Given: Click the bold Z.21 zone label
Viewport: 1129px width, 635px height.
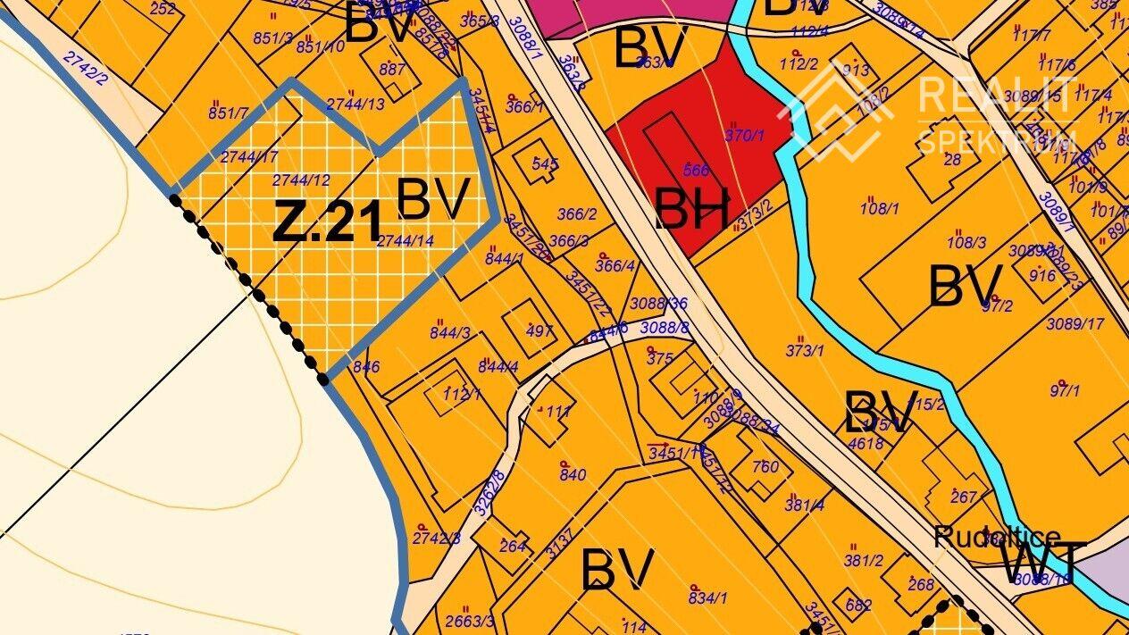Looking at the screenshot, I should pos(327,221).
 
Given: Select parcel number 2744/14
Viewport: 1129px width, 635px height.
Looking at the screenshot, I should pos(406,240).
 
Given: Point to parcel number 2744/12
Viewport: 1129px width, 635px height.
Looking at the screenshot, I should pos(302,180).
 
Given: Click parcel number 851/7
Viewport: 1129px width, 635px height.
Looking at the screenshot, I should pos(228,113).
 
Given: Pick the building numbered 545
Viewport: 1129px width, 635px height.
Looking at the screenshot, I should pos(545,164).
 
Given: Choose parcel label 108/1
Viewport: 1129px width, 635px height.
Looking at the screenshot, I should pos(880,209).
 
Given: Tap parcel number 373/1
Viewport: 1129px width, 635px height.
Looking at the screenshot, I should pos(805,350).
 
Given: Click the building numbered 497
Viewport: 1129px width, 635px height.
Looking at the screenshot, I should pos(539,331).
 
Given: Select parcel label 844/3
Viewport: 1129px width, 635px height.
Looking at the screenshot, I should pos(449,333).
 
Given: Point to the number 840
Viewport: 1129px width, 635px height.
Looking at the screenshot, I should pos(573,474).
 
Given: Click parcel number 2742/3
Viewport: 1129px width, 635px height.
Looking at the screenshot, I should pos(437,538).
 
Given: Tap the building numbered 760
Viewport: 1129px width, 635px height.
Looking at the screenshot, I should pos(765,466).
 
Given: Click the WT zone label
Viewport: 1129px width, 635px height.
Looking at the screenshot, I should pos(1042,563).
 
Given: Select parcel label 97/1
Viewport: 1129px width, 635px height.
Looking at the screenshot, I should pos(1065,390).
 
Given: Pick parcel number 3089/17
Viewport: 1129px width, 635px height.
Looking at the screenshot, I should pos(1075,323).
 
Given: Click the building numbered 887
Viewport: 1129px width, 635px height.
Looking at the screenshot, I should pos(392,70).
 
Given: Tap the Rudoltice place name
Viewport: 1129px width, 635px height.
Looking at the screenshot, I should pos(997,538).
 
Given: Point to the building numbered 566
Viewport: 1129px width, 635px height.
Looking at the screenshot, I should pos(695,170).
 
